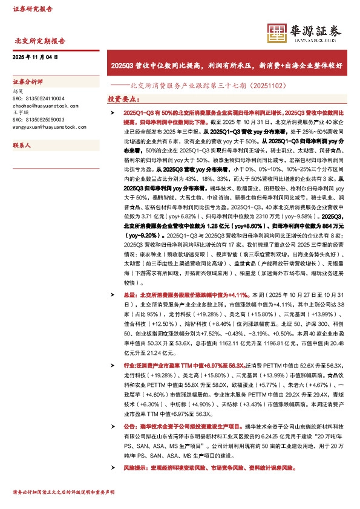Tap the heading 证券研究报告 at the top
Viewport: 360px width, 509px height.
coord(32,9)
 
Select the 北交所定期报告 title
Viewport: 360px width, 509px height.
coord(39,42)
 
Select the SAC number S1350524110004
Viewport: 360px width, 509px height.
coord(38,99)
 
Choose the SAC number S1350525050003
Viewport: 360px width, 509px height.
coord(38,120)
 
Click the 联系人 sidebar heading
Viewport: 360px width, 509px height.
coord(22,146)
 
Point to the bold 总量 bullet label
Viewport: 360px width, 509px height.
coord(129,294)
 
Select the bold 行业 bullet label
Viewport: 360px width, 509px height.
coord(129,366)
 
